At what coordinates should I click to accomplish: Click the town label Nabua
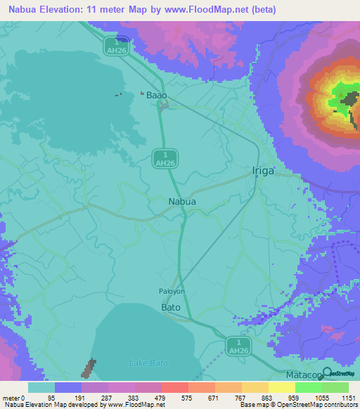(x=182, y=202)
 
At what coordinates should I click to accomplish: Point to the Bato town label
(x=171, y=308)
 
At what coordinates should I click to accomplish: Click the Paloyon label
(x=172, y=290)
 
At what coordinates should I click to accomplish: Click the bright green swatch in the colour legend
(x=309, y=387)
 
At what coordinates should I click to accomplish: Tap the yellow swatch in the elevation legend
(x=281, y=387)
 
